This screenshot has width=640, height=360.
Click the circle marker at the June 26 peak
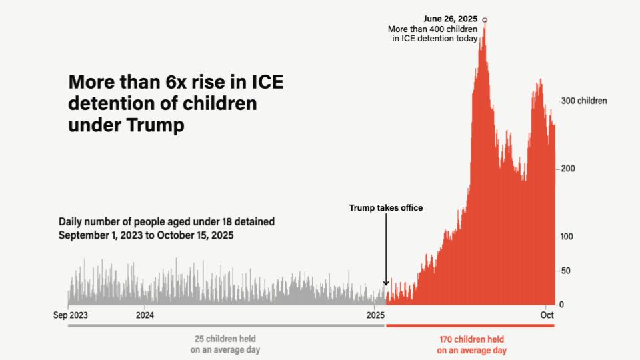pos(485,20)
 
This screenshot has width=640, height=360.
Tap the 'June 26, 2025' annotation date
pos(451,19)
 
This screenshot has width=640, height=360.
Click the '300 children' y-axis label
pos(584,101)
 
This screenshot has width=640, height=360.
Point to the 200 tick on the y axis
pos(568,169)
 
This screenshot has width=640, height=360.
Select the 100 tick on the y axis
pos(568,237)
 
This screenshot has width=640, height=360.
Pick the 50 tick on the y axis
pos(566,271)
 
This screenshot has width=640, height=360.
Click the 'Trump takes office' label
pos(386,208)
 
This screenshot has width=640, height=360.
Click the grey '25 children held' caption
pos(225,339)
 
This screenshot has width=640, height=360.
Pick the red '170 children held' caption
pos(472,339)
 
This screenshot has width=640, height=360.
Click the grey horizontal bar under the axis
pos(226,325)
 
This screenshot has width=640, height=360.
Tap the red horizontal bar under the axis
pos(470,325)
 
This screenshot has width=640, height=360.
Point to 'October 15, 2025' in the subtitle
pos(199,235)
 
